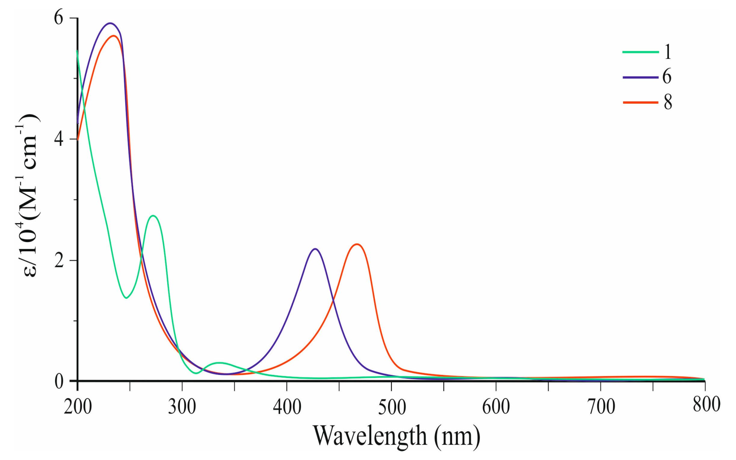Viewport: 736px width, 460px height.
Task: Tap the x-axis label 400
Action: tap(287, 407)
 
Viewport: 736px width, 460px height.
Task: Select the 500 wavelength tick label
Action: tap(392, 407)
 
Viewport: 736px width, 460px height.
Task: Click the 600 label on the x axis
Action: tap(496, 407)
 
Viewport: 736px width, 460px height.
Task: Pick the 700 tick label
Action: tap(601, 407)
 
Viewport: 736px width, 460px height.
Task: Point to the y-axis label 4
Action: tap(58, 139)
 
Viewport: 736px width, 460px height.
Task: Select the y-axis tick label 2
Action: tap(59, 260)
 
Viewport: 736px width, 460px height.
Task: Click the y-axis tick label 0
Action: tap(59, 382)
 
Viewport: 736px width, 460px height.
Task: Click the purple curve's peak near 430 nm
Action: tap(315, 249)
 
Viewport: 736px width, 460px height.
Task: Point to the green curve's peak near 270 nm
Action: tap(153, 216)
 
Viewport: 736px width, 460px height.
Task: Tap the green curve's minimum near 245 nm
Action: tap(126, 298)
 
